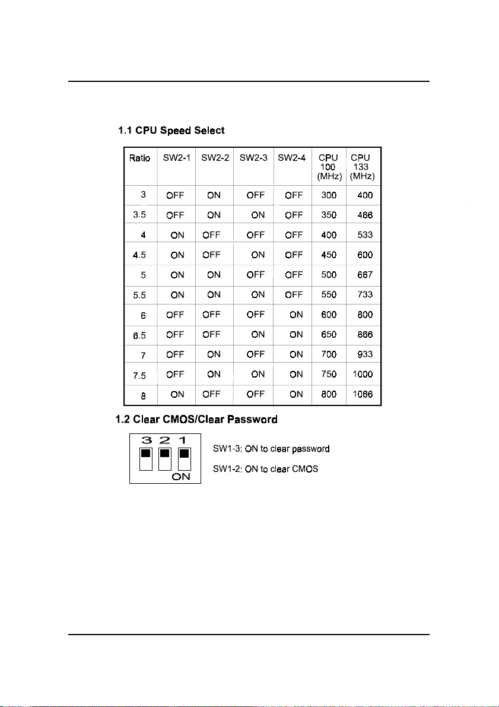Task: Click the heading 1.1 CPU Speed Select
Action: click(x=171, y=130)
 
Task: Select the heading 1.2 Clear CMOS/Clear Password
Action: click(x=196, y=420)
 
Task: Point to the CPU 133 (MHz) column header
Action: click(x=362, y=167)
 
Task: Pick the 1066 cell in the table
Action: click(x=362, y=394)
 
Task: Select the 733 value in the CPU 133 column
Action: click(x=365, y=295)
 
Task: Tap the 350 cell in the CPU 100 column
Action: click(x=328, y=215)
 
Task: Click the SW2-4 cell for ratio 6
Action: click(x=295, y=315)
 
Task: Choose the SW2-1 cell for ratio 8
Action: click(x=177, y=394)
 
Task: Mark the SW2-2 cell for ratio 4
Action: click(x=212, y=235)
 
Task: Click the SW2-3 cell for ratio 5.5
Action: click(x=258, y=295)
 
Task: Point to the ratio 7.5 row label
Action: click(x=139, y=375)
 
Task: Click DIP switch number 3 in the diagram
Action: click(x=145, y=458)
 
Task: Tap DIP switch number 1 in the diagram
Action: click(x=185, y=458)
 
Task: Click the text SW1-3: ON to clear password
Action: click(x=271, y=449)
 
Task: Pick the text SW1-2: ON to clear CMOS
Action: click(x=265, y=469)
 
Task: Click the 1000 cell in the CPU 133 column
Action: click(x=362, y=375)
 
